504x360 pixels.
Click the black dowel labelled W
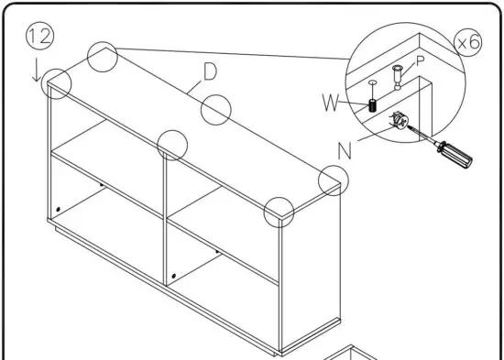coord(373,104)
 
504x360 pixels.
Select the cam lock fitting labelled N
coord(400,120)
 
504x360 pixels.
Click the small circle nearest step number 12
coord(57,82)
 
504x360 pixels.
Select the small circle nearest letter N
coord(334,180)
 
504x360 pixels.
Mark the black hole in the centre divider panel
coord(175,274)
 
